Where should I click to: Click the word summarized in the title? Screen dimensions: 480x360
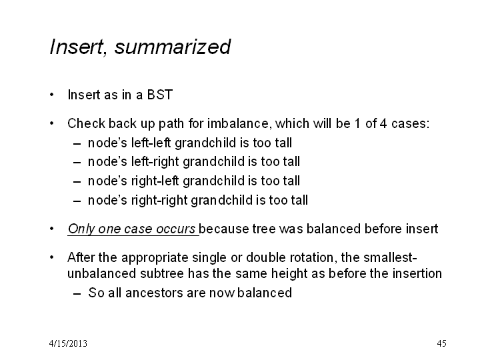pyautogui.click(x=173, y=47)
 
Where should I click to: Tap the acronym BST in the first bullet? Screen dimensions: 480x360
pyautogui.click(x=160, y=95)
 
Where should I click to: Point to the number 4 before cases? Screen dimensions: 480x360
pyautogui.click(x=383, y=123)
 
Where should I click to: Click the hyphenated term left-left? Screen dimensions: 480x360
pyautogui.click(x=151, y=143)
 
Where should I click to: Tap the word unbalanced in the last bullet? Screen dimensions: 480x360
pyautogui.click(x=101, y=273)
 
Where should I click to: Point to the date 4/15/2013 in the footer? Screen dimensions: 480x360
pyautogui.click(x=68, y=343)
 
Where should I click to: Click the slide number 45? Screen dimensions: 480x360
pyautogui.click(x=441, y=343)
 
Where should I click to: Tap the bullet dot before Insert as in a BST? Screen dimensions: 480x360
pyautogui.click(x=52, y=95)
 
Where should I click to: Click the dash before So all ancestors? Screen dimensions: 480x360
pyautogui.click(x=77, y=293)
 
